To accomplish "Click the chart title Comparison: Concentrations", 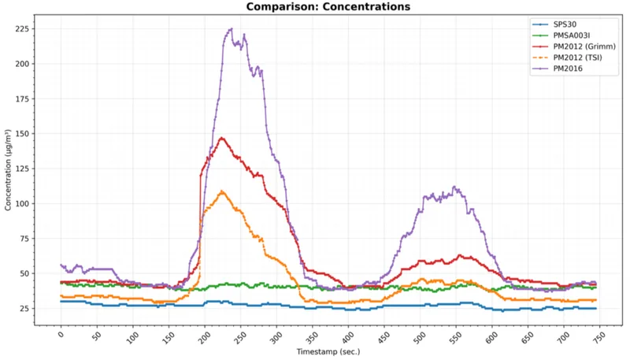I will pyautogui.click(x=328, y=7).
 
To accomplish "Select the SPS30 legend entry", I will pyautogui.click(x=569, y=24).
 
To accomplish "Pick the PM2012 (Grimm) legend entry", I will pyautogui.click(x=583, y=46).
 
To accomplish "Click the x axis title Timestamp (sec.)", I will pyautogui.click(x=328, y=351).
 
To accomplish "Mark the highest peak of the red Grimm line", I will pyautogui.click(x=222, y=138).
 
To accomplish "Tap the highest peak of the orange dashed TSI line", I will pyautogui.click(x=222, y=191).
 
